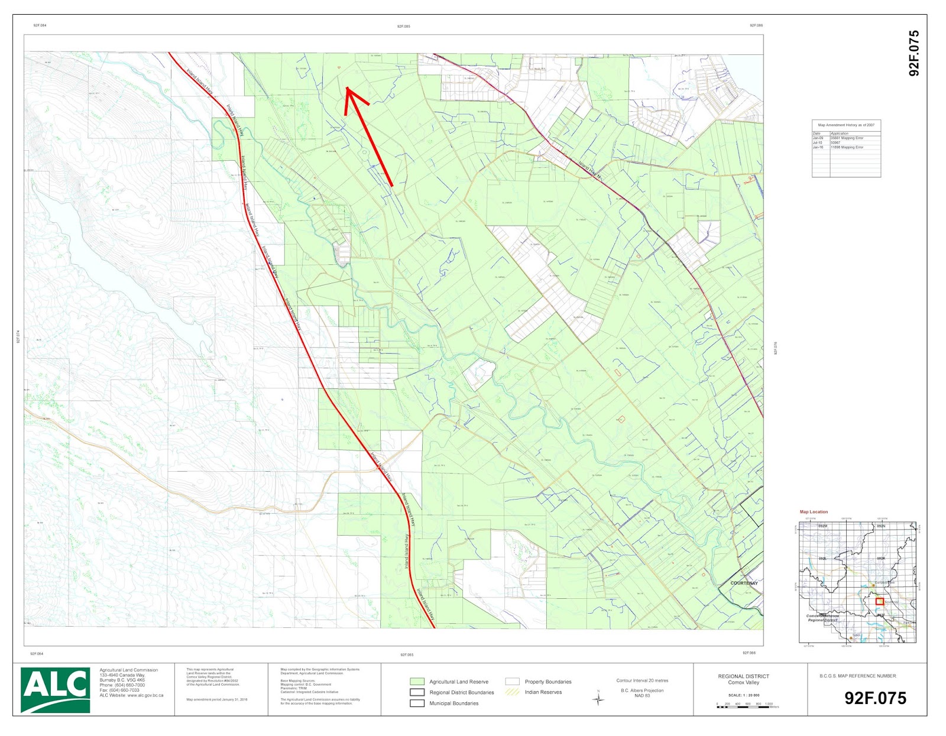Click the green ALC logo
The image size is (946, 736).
55,689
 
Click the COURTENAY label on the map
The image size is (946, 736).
744,583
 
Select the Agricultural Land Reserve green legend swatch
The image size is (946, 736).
417,682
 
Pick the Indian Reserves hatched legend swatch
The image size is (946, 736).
512,692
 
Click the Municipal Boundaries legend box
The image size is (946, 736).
417,703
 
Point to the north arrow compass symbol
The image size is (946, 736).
598,699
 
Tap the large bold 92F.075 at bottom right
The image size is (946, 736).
875,698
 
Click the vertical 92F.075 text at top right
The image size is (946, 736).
913,53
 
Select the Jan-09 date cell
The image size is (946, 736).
818,138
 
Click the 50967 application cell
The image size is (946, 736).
835,142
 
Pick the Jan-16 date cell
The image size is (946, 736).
818,147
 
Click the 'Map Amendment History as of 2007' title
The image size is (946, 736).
845,125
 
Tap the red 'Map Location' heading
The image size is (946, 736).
814,512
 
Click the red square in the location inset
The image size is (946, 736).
879,601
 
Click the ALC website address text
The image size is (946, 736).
131,695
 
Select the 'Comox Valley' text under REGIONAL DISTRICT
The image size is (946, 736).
743,682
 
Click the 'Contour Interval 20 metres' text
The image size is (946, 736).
642,680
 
